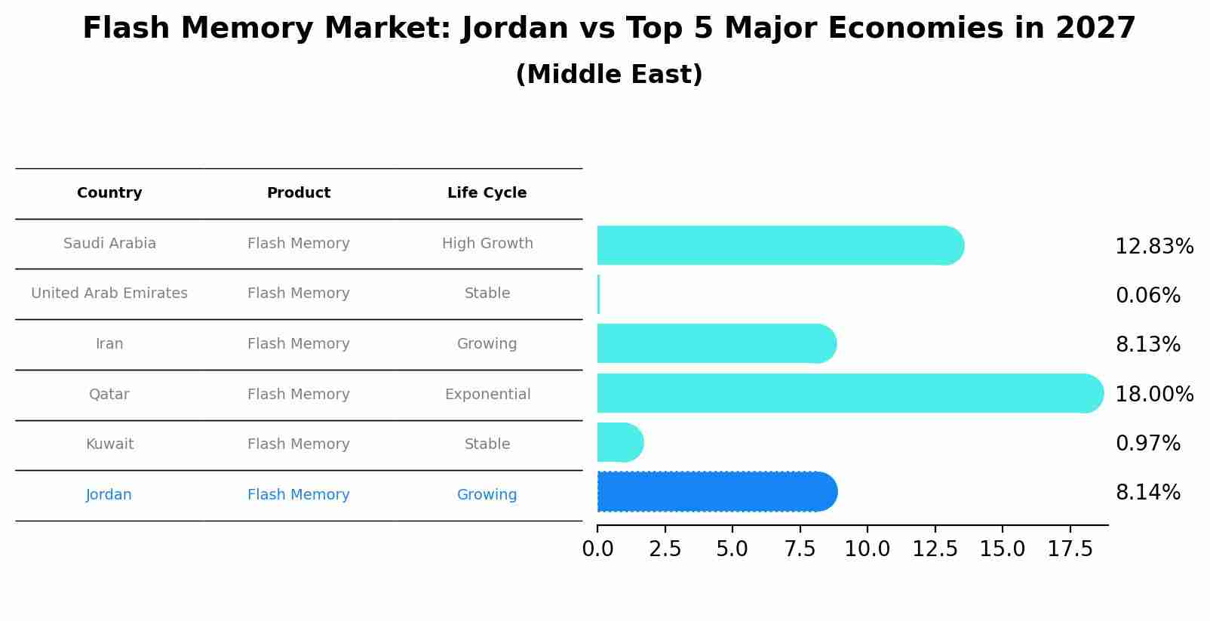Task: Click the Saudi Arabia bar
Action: click(780, 245)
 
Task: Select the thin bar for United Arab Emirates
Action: click(598, 294)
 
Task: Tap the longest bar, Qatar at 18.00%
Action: click(849, 393)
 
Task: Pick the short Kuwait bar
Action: click(619, 442)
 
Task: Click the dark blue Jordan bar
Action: click(717, 492)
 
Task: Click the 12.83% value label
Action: click(1153, 247)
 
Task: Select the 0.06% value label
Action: click(1147, 296)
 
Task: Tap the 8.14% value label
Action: click(1147, 493)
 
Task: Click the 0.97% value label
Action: click(1147, 444)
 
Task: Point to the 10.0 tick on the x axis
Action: click(867, 549)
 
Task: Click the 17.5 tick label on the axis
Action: click(1069, 549)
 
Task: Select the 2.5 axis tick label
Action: click(665, 549)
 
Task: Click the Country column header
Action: click(109, 193)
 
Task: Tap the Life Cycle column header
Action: click(487, 193)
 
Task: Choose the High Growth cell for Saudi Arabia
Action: click(487, 244)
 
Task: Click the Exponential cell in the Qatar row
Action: click(487, 395)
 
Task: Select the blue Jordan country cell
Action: click(109, 495)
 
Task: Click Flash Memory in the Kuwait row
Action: click(298, 444)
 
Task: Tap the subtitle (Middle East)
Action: click(609, 75)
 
